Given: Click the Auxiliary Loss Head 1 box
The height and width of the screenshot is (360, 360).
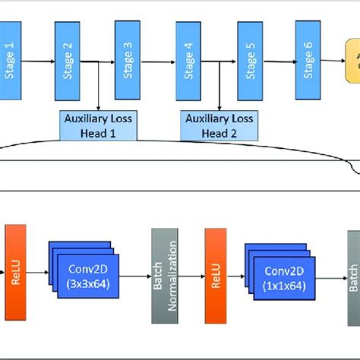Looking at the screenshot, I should click(x=98, y=124).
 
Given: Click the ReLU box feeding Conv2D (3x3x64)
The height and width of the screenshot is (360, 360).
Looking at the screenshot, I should click(x=17, y=270).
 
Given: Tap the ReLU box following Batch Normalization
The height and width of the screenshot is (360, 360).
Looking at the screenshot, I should click(x=214, y=270).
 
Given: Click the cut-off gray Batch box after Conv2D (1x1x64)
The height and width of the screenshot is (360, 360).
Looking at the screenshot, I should click(x=353, y=270).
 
